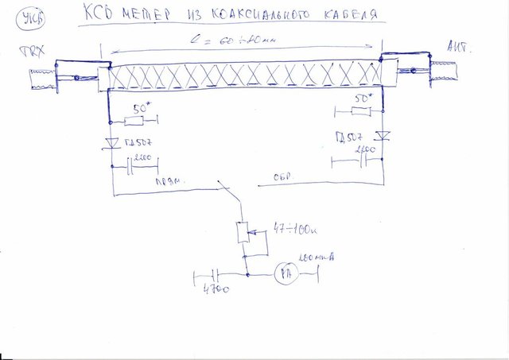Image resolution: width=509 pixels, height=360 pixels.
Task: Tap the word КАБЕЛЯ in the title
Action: tap(344, 15)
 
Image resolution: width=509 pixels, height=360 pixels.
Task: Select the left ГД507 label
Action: tap(138, 145)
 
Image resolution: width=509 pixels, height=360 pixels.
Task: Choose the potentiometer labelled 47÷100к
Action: tap(245, 233)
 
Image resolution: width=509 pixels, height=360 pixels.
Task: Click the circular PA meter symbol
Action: tap(284, 275)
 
